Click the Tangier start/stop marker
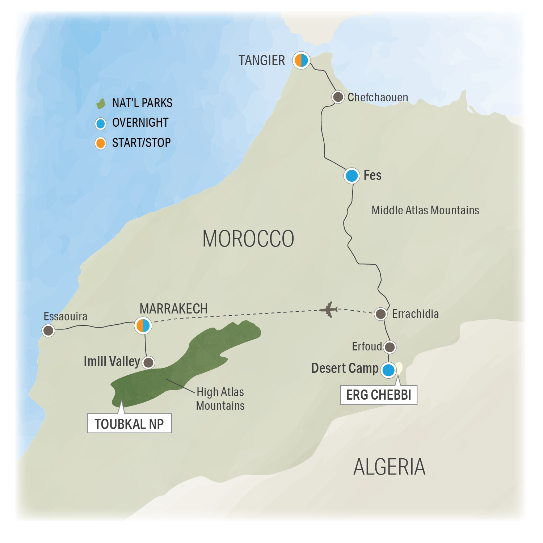coord(301,60)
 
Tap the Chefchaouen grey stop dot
coord(338,97)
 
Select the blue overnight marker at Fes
coord(352,176)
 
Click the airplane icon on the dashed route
coord(329,310)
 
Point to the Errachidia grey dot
coord(380,314)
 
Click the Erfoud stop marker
coord(390,347)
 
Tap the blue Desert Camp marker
coord(388,370)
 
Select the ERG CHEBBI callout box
coord(379,395)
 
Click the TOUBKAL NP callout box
coord(129,424)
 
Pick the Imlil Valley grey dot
coord(148,362)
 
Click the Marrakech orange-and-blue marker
coord(143,325)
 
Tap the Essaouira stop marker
coord(49,330)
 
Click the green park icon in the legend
coord(101,104)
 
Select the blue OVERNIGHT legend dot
coord(100,123)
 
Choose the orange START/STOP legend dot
coord(100,143)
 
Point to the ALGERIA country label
coord(389,467)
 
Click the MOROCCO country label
coord(248,239)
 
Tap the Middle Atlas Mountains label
coord(425,210)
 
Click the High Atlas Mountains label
coord(220,399)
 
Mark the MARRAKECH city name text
coord(174,309)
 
